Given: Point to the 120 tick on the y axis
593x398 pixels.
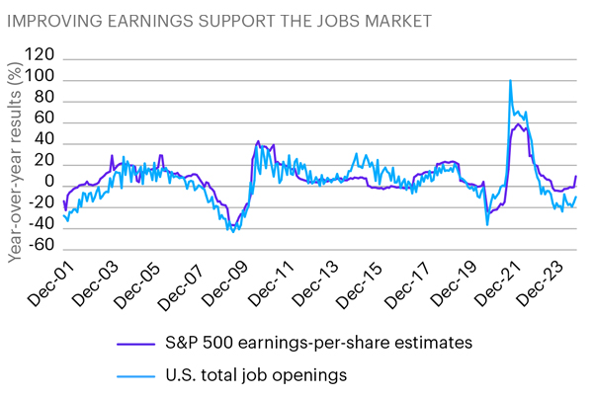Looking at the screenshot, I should [41, 56].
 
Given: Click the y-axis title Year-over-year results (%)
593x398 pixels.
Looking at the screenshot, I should [14, 163].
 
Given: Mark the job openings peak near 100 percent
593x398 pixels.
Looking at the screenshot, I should [510, 81].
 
